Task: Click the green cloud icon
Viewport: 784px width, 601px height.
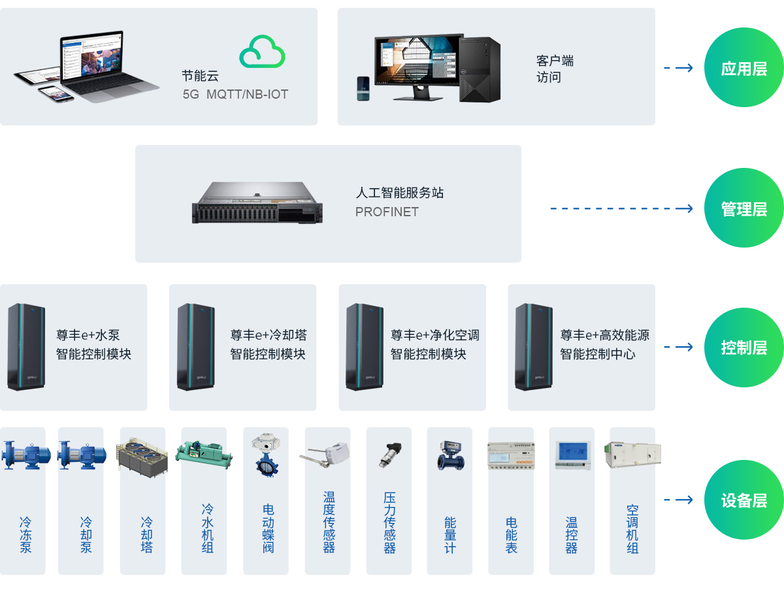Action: coord(262,52)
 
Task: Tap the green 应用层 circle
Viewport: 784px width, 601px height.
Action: coord(743,68)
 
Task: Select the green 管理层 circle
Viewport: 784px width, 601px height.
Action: coord(743,208)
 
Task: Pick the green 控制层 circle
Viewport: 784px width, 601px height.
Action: coord(743,348)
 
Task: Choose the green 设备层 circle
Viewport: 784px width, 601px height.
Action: coord(743,500)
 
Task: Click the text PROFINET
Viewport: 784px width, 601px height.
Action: coord(387,212)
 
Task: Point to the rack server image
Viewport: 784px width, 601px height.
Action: coord(257,203)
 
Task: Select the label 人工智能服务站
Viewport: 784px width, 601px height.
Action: coord(400,193)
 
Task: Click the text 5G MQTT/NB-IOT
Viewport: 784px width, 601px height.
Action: coord(235,95)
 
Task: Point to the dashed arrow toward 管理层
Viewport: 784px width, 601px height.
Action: coord(621,208)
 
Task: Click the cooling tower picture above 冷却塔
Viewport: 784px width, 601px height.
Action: coord(142,455)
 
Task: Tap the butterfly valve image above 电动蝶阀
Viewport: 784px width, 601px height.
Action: coord(265,453)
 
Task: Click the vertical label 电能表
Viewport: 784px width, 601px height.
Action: coord(511,535)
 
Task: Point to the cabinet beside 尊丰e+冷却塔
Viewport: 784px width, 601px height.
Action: coord(195,346)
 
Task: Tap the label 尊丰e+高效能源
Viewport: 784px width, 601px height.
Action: coord(604,335)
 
